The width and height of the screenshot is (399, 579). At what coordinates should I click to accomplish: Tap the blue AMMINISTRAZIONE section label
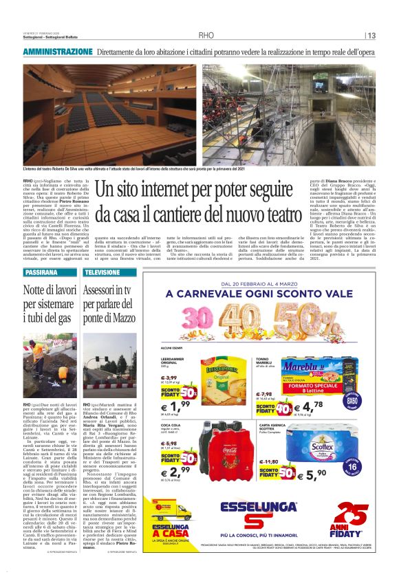click(x=57, y=52)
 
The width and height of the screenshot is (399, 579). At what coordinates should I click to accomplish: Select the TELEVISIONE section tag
click(x=103, y=272)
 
